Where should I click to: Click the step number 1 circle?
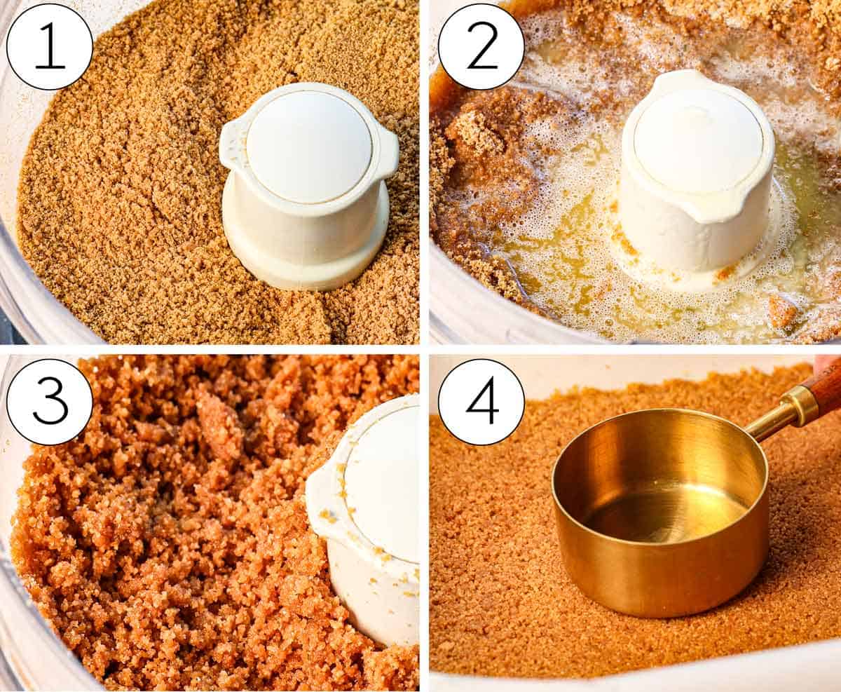click(49, 47)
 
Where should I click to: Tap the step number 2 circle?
click(481, 47)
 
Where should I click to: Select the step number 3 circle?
click(49, 402)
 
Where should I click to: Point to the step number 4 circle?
click(481, 402)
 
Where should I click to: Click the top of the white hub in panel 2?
click(698, 140)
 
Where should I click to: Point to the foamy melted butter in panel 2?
click(561, 231)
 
